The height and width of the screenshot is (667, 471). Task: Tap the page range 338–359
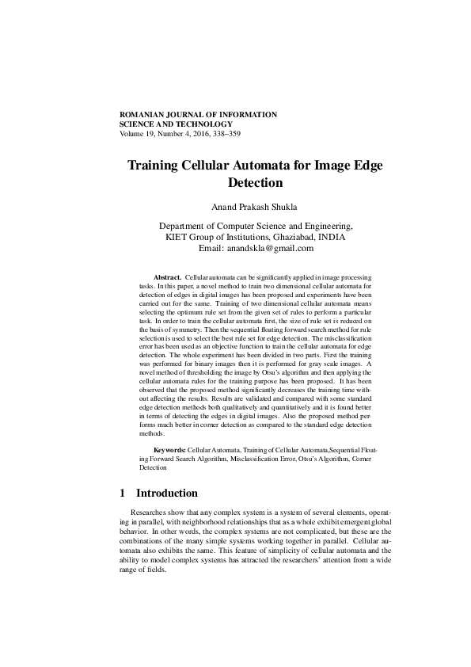pyautogui.click(x=224, y=134)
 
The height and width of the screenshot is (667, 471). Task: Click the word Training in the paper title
pyautogui.click(x=157, y=166)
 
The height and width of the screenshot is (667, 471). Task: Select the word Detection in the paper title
pyautogui.click(x=255, y=183)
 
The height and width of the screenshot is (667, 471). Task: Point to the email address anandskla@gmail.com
pyautogui.click(x=271, y=248)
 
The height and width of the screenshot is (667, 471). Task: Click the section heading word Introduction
pyautogui.click(x=167, y=493)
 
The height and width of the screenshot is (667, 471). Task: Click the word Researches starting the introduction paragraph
pyautogui.click(x=150, y=513)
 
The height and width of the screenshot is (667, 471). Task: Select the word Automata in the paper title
pyautogui.click(x=271, y=166)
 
